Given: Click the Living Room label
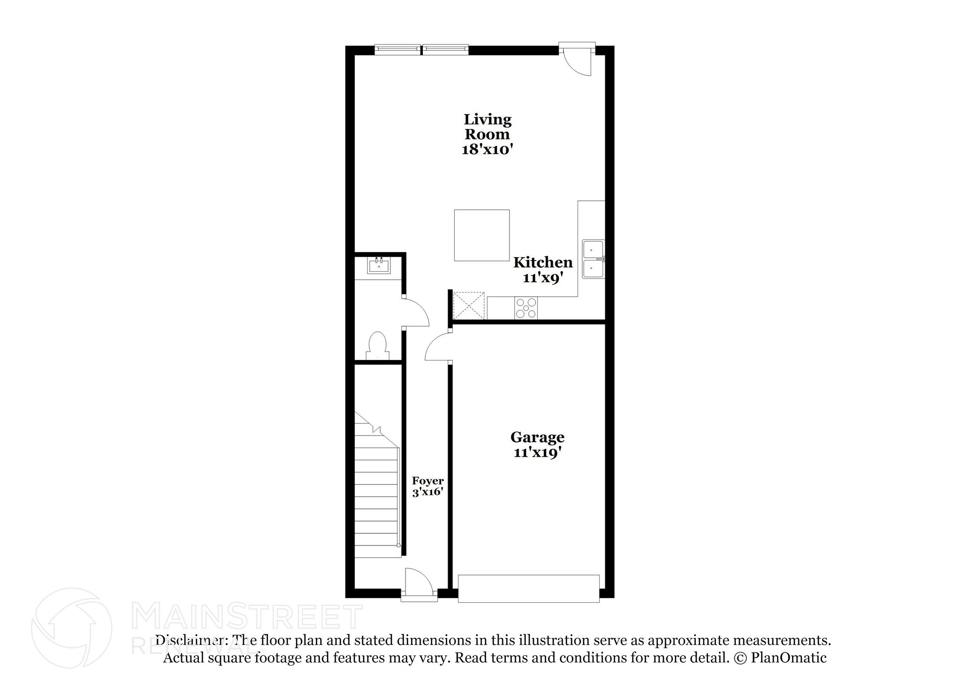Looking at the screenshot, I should pyautogui.click(x=487, y=127).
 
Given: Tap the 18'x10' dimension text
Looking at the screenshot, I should pyautogui.click(x=487, y=150).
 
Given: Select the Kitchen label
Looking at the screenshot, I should pyautogui.click(x=543, y=262).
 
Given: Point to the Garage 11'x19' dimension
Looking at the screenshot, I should pyautogui.click(x=537, y=453).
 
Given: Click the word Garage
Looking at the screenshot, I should pyautogui.click(x=537, y=437).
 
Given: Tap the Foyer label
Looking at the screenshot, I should pyautogui.click(x=427, y=481).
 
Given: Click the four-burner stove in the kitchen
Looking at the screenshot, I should pyautogui.click(x=526, y=308).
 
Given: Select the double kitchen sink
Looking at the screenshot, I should pyautogui.click(x=593, y=259).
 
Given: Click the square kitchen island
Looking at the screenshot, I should pyautogui.click(x=481, y=235).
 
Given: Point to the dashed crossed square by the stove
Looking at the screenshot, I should pyautogui.click(x=468, y=306).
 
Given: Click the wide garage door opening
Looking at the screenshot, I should pyautogui.click(x=528, y=588).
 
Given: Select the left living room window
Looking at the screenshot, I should pyautogui.click(x=397, y=49).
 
